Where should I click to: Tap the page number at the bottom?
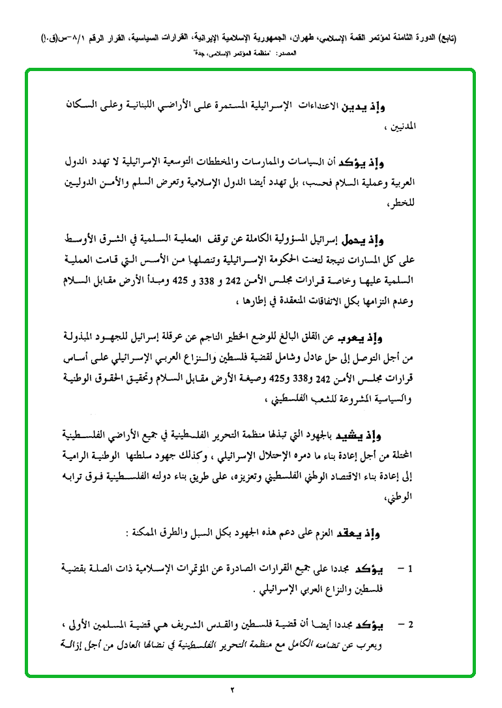250,689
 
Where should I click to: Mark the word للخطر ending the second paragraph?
421,203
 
